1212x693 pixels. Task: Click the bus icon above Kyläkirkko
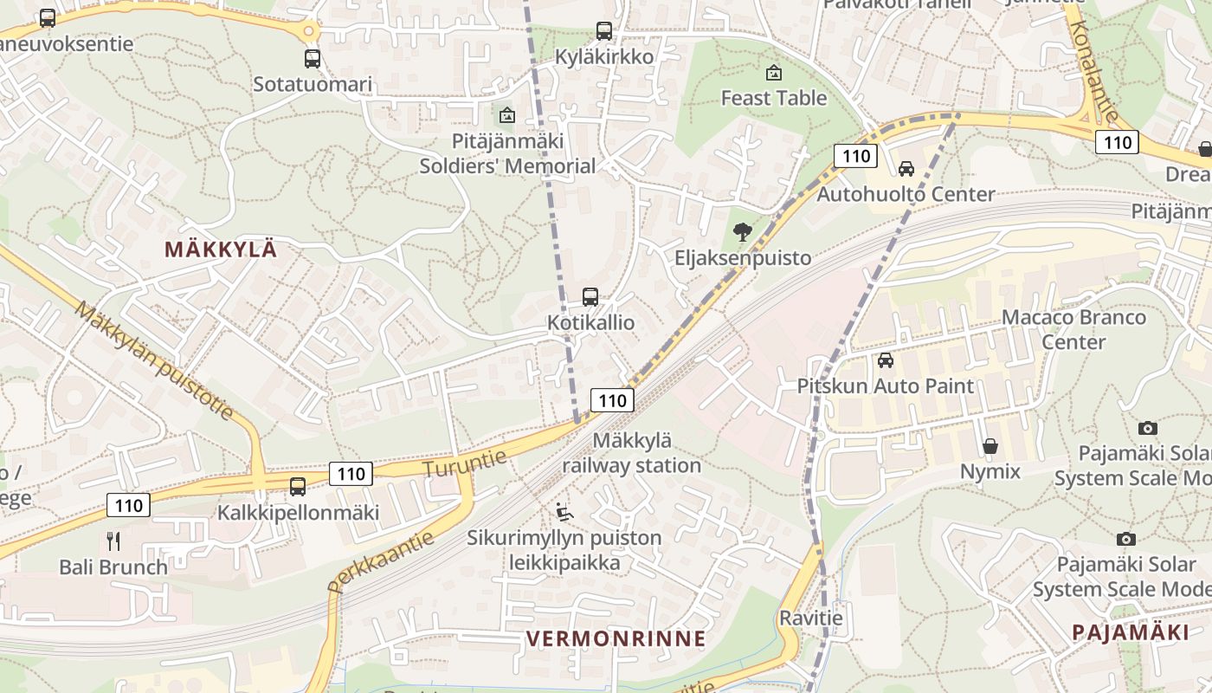click(x=604, y=31)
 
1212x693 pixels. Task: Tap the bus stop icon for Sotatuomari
click(x=313, y=59)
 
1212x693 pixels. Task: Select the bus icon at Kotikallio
click(x=590, y=297)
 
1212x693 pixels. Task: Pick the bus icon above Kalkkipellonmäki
click(x=298, y=487)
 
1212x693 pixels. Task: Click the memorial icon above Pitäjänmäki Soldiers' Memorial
click(x=507, y=115)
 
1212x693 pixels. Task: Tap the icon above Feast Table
click(x=774, y=73)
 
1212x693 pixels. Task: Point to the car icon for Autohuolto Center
click(x=906, y=169)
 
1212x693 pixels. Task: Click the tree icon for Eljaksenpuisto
click(x=742, y=232)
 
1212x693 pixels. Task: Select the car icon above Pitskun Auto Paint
click(x=886, y=360)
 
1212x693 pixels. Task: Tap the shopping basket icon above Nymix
click(x=990, y=446)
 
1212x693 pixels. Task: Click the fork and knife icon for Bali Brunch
click(x=113, y=541)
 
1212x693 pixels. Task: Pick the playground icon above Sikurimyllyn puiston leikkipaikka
click(x=564, y=512)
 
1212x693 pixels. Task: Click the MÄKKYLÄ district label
click(x=221, y=249)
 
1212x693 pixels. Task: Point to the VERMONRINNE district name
click(x=616, y=639)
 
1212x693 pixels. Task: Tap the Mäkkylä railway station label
click(x=631, y=453)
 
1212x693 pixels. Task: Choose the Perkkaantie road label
click(x=381, y=561)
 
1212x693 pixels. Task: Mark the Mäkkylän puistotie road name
click(x=154, y=360)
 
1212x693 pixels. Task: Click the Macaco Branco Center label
click(x=1073, y=329)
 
